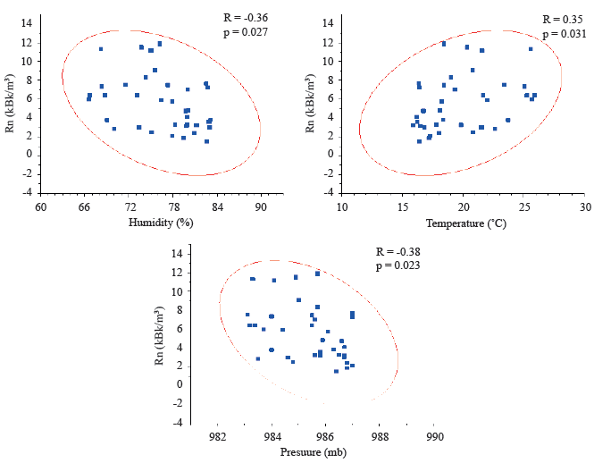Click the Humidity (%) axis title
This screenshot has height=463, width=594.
[x=161, y=221]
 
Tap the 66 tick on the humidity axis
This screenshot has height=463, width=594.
[x=85, y=206]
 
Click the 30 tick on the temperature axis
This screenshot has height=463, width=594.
[x=584, y=206]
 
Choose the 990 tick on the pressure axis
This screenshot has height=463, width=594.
[x=435, y=437]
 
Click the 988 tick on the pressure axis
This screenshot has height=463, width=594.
[x=381, y=437]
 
